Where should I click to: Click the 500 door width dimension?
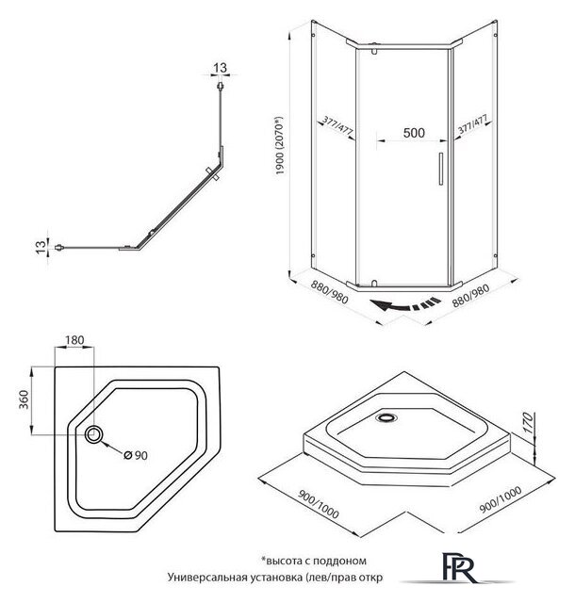point(412,134)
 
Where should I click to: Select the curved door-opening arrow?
point(404,303)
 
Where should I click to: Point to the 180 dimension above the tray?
point(76,340)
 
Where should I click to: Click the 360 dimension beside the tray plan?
point(38,400)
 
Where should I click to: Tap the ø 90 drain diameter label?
point(138,456)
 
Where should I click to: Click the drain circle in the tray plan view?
point(95,434)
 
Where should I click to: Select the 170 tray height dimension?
point(530,415)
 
